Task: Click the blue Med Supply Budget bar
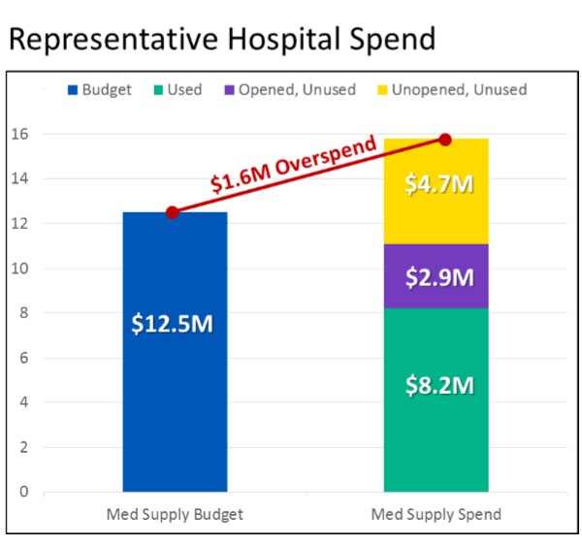click(x=175, y=407)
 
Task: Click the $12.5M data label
click(x=172, y=324)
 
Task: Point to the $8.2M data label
click(x=439, y=385)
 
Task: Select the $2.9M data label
click(x=439, y=277)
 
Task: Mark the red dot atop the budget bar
click(x=172, y=212)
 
